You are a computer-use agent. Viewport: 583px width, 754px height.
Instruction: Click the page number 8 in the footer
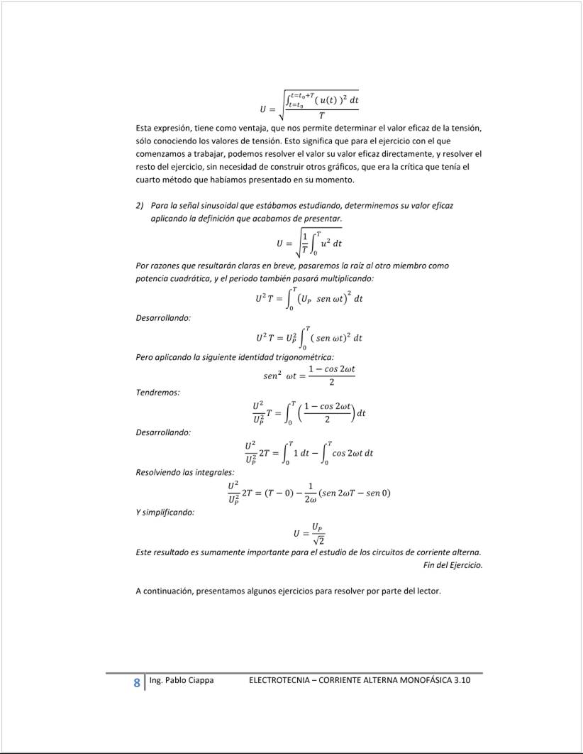[136, 683]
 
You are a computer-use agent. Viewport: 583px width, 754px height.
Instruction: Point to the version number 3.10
[462, 680]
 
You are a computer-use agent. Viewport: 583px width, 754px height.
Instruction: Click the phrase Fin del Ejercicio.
[452, 565]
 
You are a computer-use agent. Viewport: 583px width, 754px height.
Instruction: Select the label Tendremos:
[157, 392]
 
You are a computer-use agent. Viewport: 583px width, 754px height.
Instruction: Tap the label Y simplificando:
[165, 512]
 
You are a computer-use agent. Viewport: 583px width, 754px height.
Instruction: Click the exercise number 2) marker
[140, 205]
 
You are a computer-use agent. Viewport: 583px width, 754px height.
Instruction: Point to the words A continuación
[164, 591]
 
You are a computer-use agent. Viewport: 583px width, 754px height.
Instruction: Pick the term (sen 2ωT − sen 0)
[355, 493]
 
